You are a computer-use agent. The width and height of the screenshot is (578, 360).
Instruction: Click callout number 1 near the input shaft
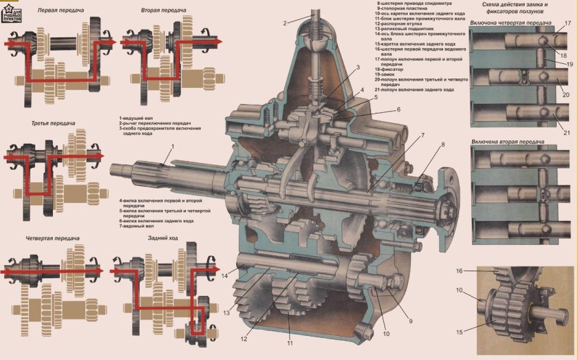(173, 147)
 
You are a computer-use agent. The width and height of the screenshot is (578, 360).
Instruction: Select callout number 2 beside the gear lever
(284, 23)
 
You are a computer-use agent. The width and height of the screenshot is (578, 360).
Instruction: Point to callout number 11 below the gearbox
(290, 342)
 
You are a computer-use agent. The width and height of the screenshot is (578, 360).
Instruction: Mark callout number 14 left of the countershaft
(224, 275)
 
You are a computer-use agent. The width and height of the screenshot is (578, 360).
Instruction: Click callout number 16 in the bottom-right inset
(459, 271)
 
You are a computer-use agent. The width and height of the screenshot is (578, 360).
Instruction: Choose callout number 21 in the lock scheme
(566, 131)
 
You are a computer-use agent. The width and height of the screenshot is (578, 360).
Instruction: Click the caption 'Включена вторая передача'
(508, 142)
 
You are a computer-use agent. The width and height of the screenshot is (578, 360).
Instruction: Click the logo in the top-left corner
(12, 12)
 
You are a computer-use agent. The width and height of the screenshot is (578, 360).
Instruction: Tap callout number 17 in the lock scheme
(568, 23)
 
